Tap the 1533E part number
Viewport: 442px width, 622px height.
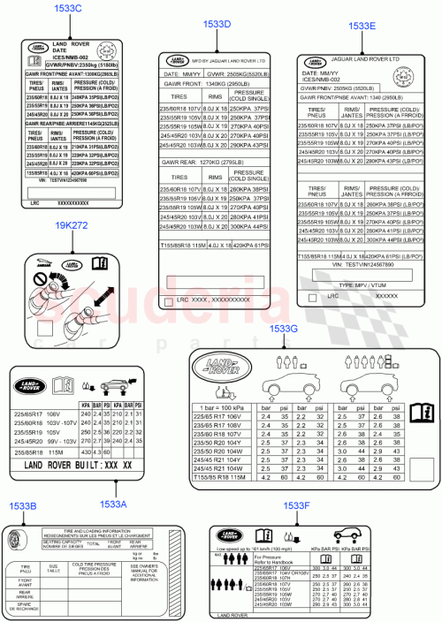[362, 27]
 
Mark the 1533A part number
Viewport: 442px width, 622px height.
[114, 504]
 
